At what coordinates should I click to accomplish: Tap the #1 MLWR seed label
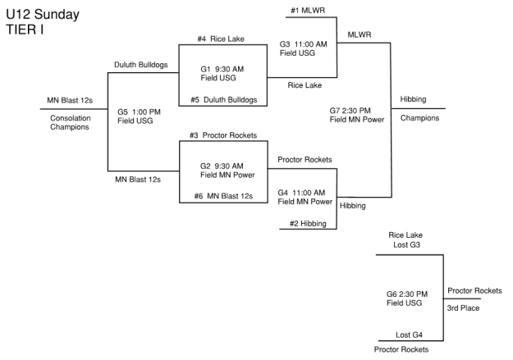(307, 10)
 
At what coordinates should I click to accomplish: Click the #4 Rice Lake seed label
(218, 39)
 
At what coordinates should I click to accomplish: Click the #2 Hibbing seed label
(309, 223)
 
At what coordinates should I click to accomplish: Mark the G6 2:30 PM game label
(406, 294)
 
